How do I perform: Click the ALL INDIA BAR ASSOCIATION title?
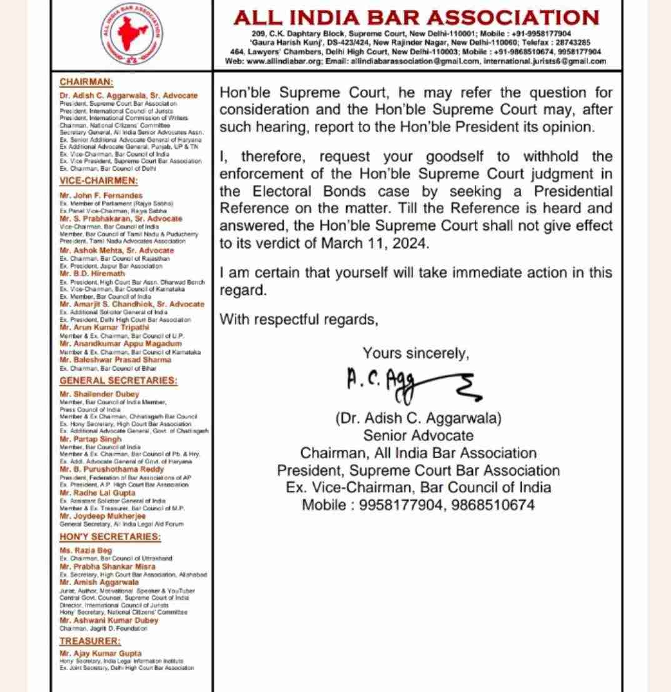tap(416, 17)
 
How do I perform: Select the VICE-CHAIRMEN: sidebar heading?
tap(90, 181)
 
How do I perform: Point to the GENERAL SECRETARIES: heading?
tap(118, 380)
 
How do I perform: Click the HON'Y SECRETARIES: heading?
tap(110, 537)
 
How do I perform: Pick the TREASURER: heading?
tap(90, 641)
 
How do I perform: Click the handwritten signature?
tap(413, 381)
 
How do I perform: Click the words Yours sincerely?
tap(416, 353)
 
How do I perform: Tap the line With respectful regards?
tap(299, 319)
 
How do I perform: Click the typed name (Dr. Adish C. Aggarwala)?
tap(418, 417)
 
